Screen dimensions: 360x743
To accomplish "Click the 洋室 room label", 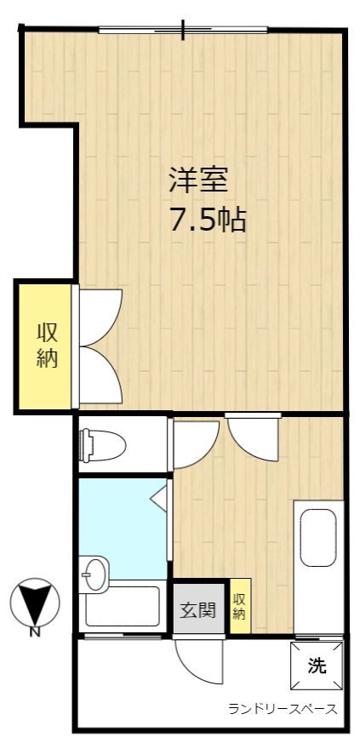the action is pos(198,180).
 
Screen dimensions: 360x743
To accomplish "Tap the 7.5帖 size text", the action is pos(208,220).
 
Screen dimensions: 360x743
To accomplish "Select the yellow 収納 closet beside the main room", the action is pos(47,346).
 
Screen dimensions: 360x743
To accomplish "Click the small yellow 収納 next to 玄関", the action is pos(240,606).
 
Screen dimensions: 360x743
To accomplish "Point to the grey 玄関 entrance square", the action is pos(198,609).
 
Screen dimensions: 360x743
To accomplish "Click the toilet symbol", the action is pos(102,445).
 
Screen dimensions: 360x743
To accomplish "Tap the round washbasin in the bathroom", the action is pos(94,574).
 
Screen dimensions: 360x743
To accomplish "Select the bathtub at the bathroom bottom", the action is pos(123,607).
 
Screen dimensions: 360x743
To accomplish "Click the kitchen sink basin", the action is pos(318,538).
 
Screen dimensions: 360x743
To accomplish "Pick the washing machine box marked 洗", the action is pos(317,666).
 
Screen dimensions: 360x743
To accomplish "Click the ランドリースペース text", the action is pos(283,709).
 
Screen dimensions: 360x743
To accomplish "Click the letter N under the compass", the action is pos(35,632).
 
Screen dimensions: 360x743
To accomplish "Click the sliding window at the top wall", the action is pos(183,30).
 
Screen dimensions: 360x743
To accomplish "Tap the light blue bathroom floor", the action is pos(123,526).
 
